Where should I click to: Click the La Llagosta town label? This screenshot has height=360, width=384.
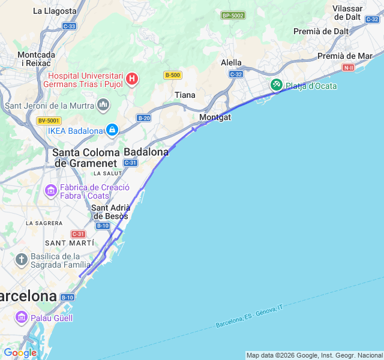click(x=55, y=11)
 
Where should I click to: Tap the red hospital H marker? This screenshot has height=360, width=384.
click(x=132, y=79)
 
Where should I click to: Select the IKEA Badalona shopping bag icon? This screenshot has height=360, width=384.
click(x=112, y=130)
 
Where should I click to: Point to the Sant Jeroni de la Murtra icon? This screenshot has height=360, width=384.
click(x=103, y=106)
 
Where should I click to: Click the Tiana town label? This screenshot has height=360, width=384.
click(x=185, y=95)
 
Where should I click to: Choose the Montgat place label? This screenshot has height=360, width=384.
click(x=215, y=117)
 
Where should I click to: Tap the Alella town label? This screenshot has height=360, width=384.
click(x=231, y=62)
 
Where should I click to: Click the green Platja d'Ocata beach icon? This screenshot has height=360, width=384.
click(x=276, y=85)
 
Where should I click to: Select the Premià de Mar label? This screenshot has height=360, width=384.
click(x=344, y=56)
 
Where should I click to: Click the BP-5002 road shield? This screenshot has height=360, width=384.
click(x=233, y=15)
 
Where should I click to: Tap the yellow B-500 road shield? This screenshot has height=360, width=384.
click(x=172, y=75)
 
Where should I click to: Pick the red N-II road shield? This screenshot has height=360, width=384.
click(x=348, y=67)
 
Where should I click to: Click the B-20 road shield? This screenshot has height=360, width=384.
click(x=143, y=118)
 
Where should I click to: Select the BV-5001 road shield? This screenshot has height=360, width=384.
click(x=49, y=121)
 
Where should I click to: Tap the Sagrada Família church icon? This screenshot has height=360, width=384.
click(x=22, y=260)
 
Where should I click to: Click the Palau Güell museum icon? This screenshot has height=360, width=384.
click(x=22, y=317)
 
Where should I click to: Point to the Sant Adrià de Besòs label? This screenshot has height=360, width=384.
click(x=111, y=212)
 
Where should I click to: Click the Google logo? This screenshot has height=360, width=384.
click(x=20, y=353)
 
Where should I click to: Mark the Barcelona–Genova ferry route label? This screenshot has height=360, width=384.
click(x=249, y=316)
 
